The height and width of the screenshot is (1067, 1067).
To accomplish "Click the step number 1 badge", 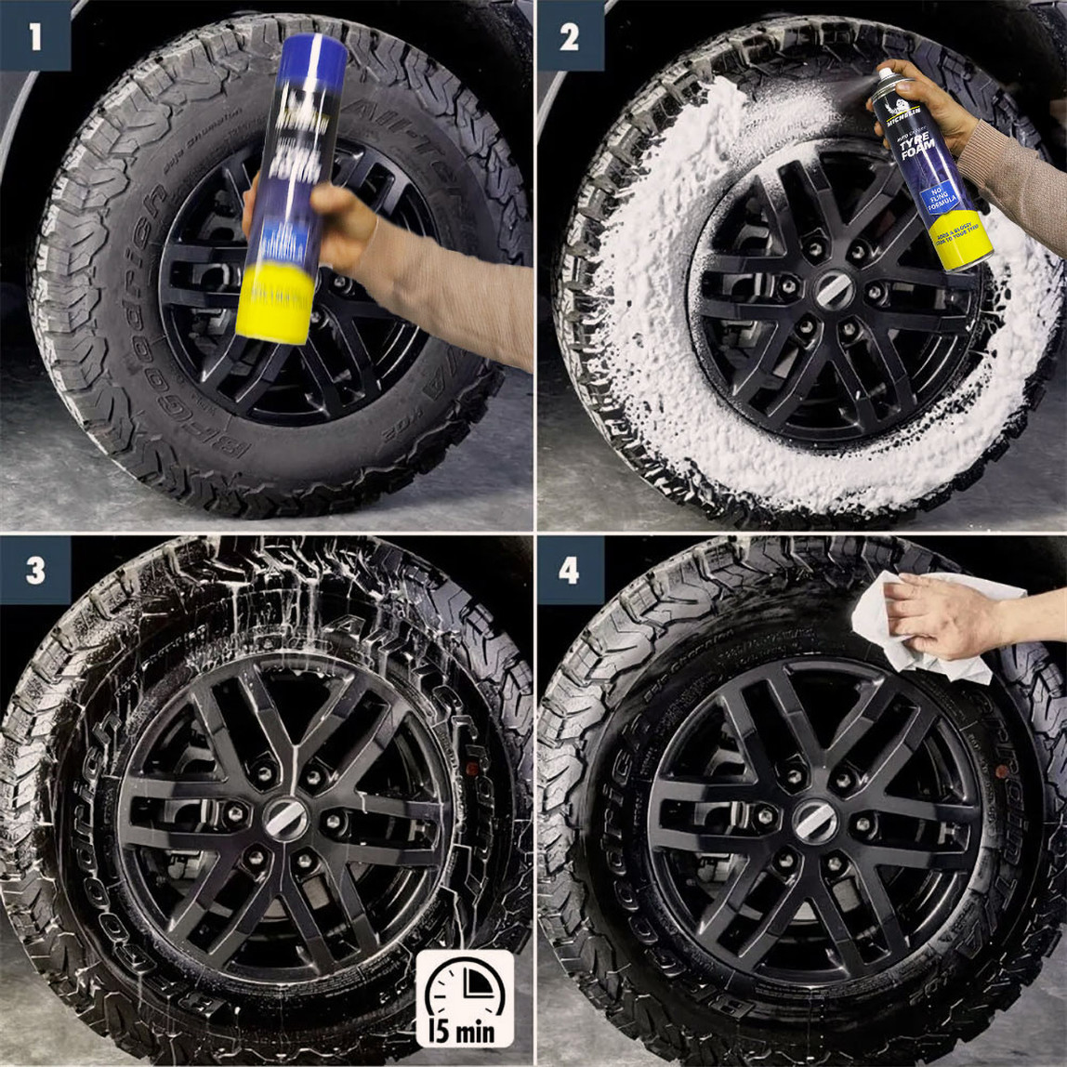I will point(35,36).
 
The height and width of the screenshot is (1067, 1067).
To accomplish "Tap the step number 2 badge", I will point(569,36).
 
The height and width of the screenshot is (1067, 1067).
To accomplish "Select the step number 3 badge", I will point(35,570).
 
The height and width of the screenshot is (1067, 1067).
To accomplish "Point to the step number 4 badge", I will point(569,570).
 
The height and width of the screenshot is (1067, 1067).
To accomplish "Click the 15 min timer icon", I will point(464,998).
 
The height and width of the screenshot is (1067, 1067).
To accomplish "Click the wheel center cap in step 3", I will point(285,819).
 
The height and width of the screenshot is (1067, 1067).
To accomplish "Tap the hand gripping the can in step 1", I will point(321,223).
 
